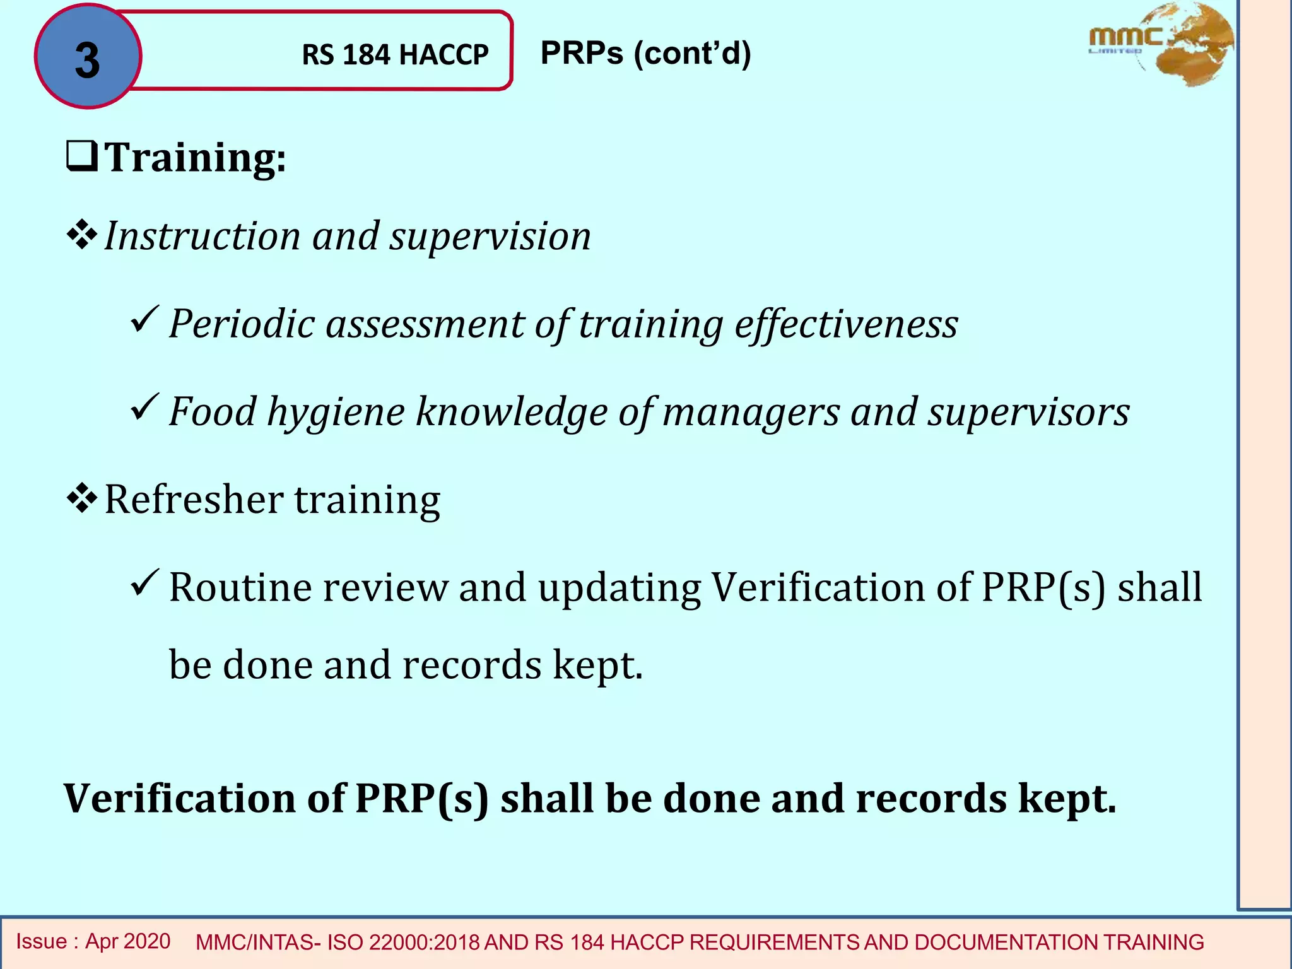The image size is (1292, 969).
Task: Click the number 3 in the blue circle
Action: click(87, 60)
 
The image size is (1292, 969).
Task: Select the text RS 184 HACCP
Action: click(395, 55)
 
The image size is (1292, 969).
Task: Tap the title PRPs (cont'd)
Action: click(645, 53)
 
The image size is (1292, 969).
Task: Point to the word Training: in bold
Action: click(195, 157)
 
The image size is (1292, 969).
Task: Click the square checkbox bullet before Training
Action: click(82, 156)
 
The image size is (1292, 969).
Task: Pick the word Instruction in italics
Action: click(202, 236)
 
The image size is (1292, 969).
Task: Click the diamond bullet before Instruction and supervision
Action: click(82, 235)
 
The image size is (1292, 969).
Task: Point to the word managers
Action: click(751, 412)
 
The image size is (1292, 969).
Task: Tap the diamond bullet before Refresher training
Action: click(82, 498)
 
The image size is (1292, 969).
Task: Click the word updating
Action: click(619, 588)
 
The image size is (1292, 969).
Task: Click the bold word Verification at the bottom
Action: click(179, 799)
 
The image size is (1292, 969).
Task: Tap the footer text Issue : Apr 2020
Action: click(93, 941)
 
